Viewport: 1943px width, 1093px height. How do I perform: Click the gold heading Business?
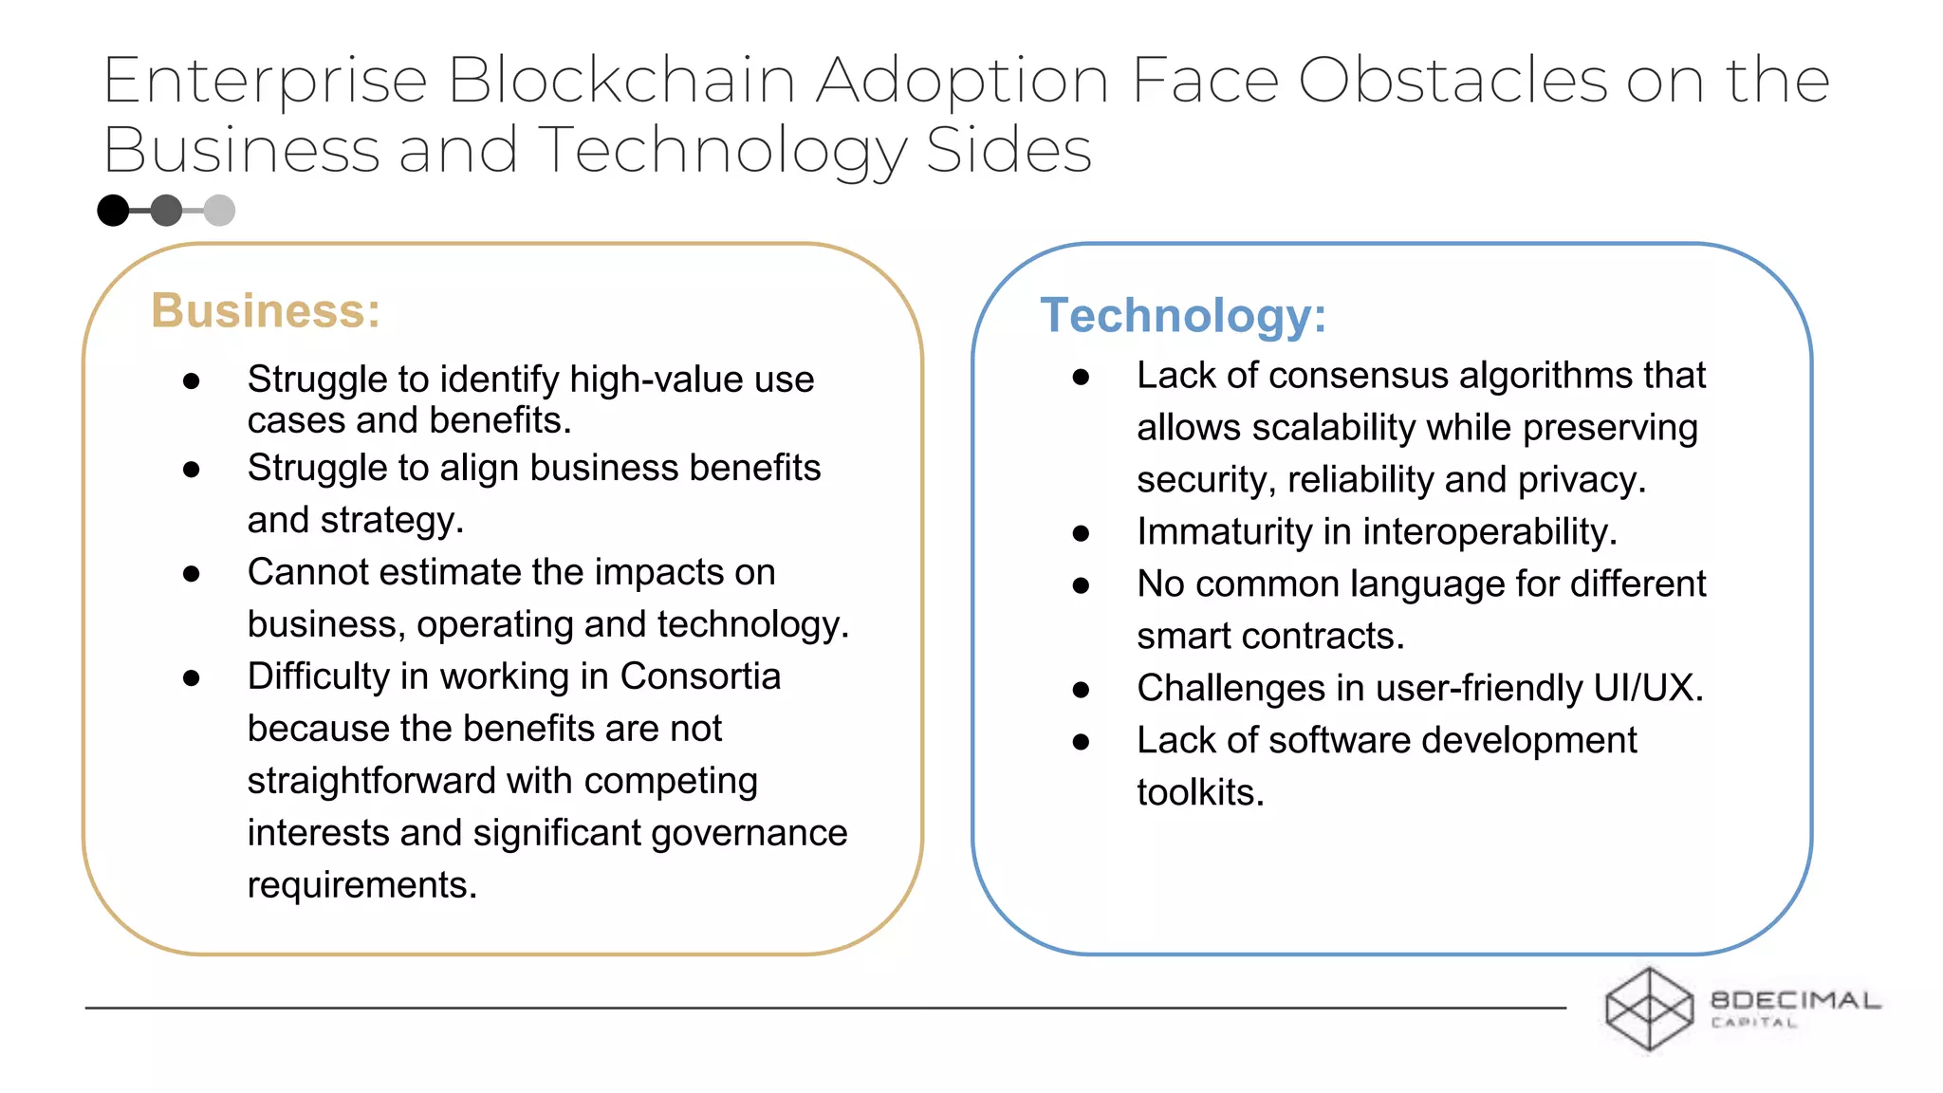click(x=266, y=311)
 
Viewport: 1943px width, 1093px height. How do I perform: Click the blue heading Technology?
click(x=1183, y=316)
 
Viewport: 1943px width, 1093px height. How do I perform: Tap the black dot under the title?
click(x=113, y=211)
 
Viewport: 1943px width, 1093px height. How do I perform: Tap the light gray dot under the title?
click(x=219, y=211)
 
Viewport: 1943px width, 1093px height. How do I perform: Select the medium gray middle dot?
click(x=166, y=211)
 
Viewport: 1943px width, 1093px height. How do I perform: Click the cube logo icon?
click(x=1649, y=1009)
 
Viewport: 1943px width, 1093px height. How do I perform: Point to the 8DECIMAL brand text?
click(x=1795, y=1000)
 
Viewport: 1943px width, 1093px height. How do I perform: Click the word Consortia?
click(x=700, y=676)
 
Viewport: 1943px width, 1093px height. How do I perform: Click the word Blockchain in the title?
click(x=621, y=80)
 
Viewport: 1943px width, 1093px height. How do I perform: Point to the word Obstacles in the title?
click(x=1453, y=80)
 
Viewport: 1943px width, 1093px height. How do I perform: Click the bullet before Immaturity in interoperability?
click(x=1081, y=534)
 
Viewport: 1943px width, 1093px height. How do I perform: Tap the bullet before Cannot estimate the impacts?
click(x=192, y=574)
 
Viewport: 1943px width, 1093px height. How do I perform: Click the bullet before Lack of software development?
click(x=1081, y=742)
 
